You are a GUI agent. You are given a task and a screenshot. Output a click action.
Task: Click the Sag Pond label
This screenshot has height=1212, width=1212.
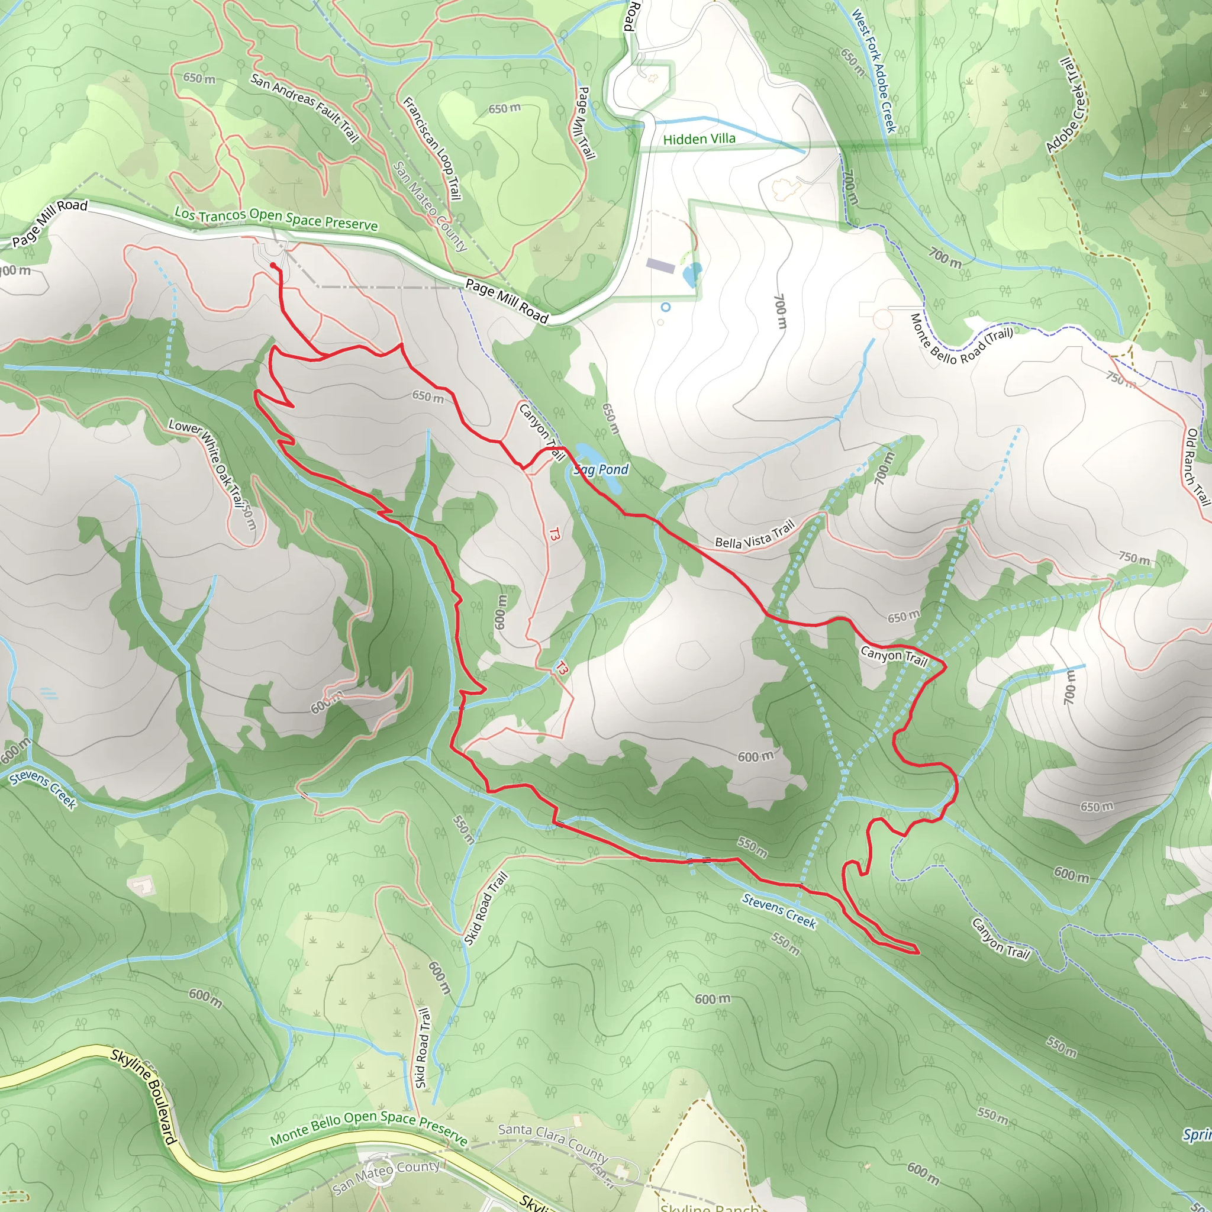tap(601, 470)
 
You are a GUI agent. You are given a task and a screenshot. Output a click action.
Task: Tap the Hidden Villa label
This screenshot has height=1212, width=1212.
tap(699, 139)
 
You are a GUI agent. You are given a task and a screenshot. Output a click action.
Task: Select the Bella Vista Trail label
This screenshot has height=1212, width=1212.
tap(755, 534)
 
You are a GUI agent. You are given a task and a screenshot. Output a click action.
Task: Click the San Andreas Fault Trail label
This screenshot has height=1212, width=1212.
tap(304, 107)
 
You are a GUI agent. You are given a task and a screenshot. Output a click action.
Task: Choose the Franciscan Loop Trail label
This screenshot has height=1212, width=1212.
tap(431, 149)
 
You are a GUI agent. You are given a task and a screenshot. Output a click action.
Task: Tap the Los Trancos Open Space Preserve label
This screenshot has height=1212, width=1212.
tap(276, 218)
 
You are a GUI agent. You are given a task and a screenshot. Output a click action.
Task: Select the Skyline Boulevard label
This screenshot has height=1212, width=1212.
tap(144, 1096)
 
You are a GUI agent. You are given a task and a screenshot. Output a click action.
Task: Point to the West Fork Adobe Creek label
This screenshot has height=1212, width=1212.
tap(873, 70)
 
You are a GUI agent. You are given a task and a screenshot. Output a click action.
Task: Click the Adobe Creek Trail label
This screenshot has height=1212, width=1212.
tap(1066, 105)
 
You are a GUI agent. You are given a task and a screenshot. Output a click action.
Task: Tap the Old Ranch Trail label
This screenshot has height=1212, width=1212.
tap(1197, 467)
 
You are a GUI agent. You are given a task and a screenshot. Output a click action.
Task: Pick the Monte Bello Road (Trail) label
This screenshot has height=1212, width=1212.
tap(960, 339)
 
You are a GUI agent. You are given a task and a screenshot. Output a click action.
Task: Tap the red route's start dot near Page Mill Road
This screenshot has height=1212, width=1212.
tap(273, 266)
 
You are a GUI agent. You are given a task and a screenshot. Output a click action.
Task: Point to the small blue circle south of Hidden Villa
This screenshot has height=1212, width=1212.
tap(666, 307)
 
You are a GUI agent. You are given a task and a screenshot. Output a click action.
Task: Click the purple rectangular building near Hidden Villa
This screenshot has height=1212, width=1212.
tap(660, 266)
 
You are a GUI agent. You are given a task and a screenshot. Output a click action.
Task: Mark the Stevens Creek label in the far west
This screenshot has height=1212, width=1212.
tap(43, 789)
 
